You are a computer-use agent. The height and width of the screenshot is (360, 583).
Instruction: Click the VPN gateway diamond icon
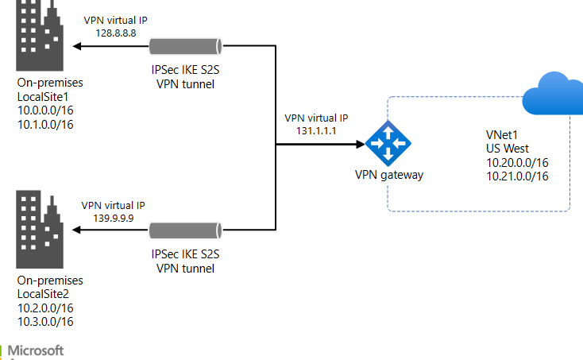388,144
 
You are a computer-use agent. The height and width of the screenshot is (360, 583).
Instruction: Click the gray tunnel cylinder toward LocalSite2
183,230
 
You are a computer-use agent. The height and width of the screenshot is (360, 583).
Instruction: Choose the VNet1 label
502,135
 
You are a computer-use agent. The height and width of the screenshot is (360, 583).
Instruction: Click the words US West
508,149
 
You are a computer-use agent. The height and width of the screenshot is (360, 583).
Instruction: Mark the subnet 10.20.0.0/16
517,162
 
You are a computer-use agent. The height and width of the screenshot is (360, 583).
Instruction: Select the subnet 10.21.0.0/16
517,176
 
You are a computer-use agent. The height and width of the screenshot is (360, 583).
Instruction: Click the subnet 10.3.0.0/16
45,321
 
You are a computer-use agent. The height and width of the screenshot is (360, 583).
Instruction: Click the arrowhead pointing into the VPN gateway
359,145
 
